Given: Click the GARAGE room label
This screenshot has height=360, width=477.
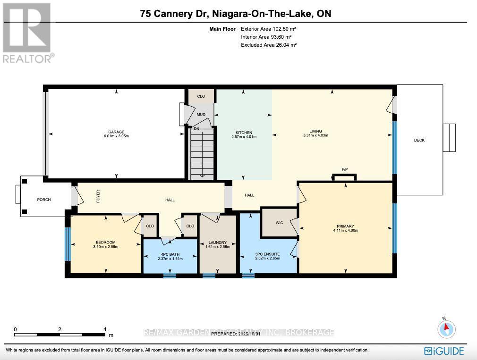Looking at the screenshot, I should tap(116, 132).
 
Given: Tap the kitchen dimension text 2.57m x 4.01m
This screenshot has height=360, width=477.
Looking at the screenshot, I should tap(244, 137).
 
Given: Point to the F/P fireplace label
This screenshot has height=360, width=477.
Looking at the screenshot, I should tap(345, 169).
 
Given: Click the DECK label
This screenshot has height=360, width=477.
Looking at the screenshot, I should tap(419, 140).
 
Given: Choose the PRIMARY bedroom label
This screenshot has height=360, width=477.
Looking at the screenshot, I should tap(346, 226).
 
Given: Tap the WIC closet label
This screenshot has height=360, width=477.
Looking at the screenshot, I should tap(279, 223).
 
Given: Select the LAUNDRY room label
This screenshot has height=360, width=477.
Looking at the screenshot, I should tap(218, 243).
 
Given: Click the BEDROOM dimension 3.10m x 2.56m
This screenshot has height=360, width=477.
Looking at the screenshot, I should tap(106, 246).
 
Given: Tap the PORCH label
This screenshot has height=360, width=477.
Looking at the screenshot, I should tap(43, 200).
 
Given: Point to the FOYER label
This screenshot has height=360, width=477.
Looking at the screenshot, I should tap(98, 196).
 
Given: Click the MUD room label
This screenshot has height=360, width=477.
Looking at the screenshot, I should tap(201, 114).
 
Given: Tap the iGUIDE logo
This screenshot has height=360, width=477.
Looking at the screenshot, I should tap(444, 351).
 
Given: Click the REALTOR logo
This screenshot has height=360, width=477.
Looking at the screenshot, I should tap(27, 33).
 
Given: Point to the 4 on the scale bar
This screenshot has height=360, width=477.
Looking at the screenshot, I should tap(105, 329).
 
